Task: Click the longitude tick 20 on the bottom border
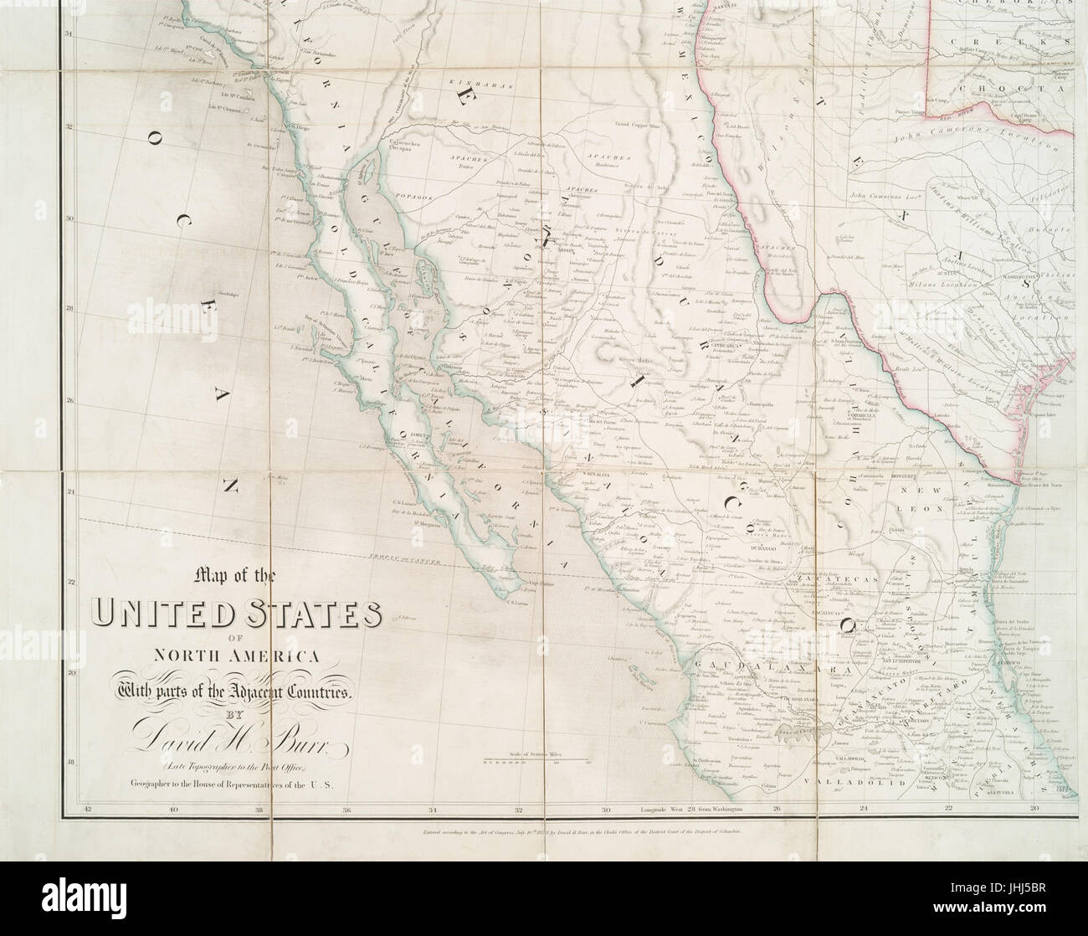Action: (1034, 810)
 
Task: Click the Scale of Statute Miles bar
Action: (536, 761)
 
